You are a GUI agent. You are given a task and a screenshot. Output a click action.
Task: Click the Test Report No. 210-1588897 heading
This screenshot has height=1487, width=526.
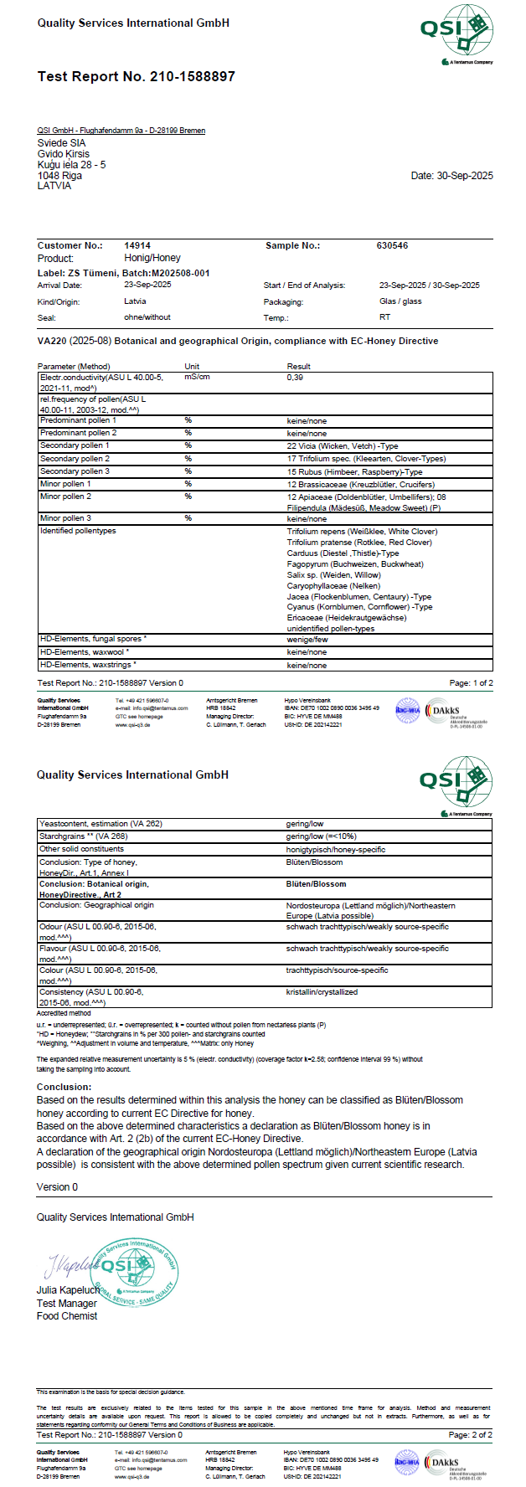(136, 77)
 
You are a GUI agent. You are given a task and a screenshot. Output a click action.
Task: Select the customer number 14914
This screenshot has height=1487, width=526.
(137, 246)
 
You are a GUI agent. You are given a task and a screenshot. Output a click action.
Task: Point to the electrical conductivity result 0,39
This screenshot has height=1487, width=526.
(295, 378)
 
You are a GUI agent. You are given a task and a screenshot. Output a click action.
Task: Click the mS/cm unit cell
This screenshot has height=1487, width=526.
(197, 378)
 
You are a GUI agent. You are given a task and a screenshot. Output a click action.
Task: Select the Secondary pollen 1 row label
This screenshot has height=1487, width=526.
(75, 446)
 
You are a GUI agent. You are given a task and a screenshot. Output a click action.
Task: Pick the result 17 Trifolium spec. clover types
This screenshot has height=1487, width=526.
(366, 459)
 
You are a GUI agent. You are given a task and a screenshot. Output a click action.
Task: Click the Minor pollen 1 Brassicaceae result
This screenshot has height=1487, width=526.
(360, 485)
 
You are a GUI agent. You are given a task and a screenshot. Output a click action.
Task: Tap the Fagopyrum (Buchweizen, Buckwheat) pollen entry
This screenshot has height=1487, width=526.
(354, 564)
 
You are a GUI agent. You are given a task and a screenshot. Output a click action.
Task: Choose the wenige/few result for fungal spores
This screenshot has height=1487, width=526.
(307, 640)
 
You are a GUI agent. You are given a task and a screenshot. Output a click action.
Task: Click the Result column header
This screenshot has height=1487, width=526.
(298, 367)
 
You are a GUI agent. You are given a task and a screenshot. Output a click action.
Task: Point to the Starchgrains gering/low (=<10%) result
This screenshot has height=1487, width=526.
(321, 836)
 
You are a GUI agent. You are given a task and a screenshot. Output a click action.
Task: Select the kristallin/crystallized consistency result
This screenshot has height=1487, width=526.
(322, 992)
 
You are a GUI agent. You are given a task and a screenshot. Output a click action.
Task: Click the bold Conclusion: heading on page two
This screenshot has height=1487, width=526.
(64, 1087)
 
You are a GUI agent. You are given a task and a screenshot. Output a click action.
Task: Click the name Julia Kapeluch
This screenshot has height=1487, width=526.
(68, 1290)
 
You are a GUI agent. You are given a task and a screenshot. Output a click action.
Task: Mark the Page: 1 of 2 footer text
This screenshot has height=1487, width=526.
(471, 683)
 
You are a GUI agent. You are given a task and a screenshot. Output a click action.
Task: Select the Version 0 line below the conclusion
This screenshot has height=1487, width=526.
(57, 1187)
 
